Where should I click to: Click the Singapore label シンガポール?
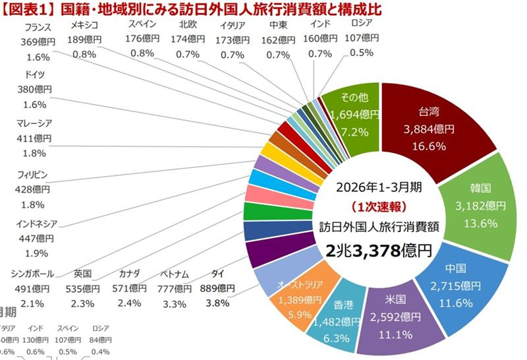pyautogui.click(x=33, y=273)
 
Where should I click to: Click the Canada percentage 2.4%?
pyautogui.click(x=130, y=303)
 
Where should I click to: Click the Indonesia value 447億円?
pyautogui.click(x=34, y=238)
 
